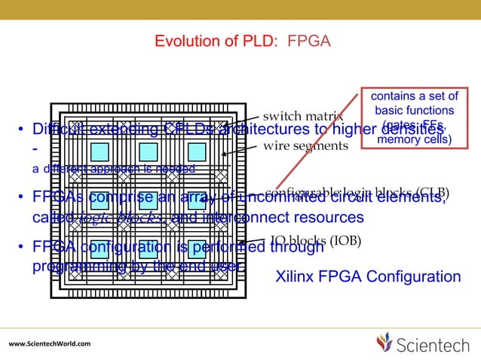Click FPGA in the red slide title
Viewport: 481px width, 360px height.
point(308,40)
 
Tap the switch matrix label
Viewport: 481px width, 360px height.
point(302,117)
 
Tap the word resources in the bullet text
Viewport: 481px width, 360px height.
point(323,218)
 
